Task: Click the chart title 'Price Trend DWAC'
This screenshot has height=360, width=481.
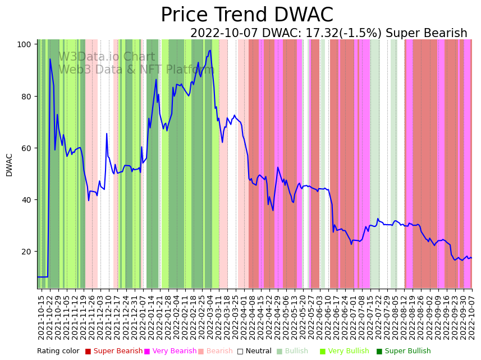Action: [x=247, y=15]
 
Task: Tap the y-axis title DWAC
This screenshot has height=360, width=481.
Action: [x=9, y=165]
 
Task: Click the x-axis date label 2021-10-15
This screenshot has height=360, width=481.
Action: [x=41, y=318]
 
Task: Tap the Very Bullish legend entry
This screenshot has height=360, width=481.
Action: [x=347, y=351]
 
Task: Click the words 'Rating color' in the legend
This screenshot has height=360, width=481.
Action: [x=58, y=351]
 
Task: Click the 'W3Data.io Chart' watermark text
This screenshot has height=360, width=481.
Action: [x=106, y=57]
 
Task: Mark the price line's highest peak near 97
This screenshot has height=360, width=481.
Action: [x=210, y=51]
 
